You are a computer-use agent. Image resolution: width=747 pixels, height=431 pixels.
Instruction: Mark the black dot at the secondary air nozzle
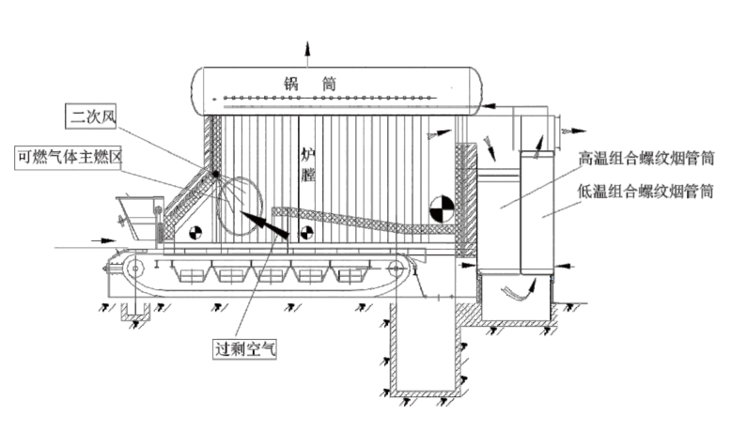click(216, 175)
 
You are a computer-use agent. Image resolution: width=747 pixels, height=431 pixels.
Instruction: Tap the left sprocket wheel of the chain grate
click(134, 269)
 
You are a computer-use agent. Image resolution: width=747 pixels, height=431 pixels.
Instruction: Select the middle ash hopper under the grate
click(271, 274)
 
